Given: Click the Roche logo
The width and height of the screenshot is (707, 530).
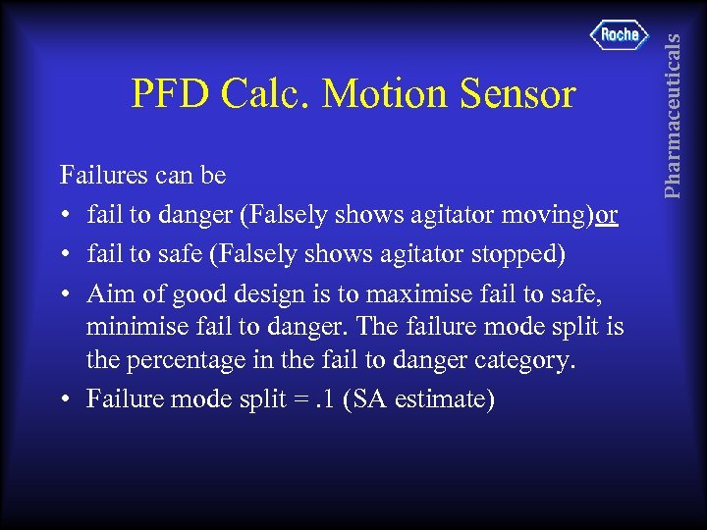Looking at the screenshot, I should click(x=620, y=34).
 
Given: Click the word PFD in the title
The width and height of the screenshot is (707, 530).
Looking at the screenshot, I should click(x=170, y=94).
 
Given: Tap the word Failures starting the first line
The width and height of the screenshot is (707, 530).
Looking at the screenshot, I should click(x=103, y=177).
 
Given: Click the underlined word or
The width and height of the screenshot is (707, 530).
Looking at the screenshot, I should click(x=606, y=214).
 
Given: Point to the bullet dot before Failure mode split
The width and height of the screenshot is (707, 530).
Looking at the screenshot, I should click(x=65, y=400).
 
